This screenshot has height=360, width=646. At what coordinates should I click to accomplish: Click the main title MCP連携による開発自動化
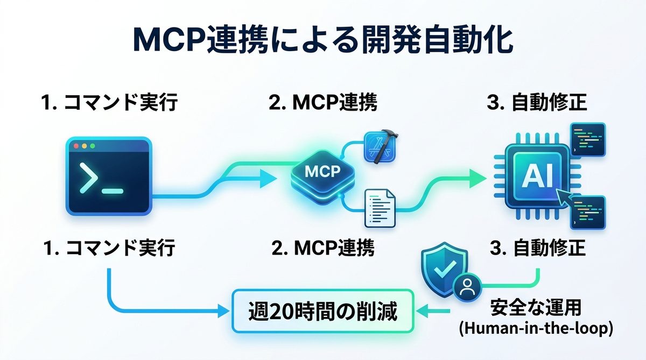(x=323, y=40)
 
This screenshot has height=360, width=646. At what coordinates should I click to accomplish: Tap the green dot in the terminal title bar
(x=92, y=146)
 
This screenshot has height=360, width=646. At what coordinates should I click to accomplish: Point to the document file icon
(x=380, y=207)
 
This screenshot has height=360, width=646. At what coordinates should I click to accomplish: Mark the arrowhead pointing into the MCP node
(x=268, y=178)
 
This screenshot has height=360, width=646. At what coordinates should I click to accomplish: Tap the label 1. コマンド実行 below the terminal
(x=109, y=248)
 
